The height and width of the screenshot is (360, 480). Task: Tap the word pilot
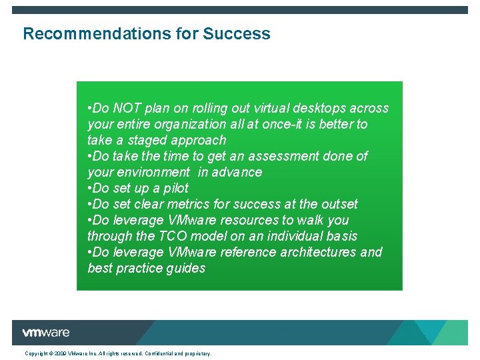[176, 188]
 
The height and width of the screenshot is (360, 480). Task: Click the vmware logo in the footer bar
[45, 333]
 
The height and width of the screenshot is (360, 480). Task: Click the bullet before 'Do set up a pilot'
[89, 188]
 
